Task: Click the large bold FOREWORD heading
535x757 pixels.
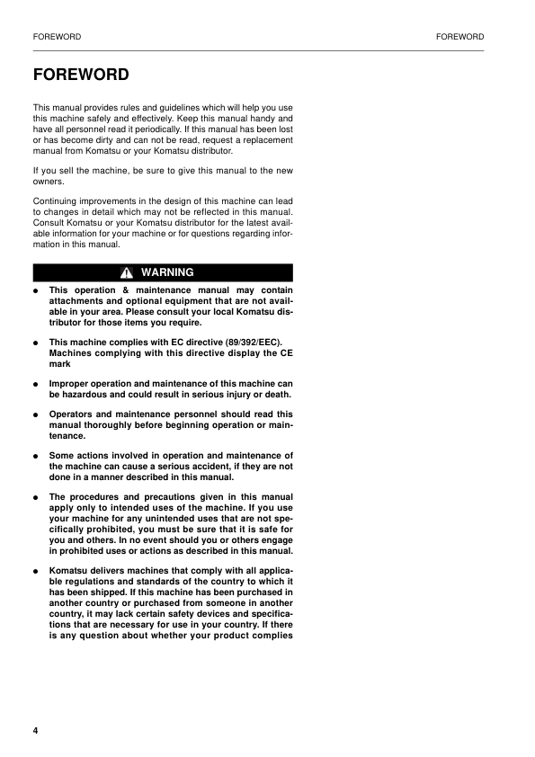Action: click(x=81, y=75)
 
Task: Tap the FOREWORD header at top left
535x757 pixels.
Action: click(x=57, y=37)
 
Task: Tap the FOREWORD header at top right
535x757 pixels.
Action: click(x=459, y=37)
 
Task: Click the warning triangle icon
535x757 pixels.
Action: click(x=128, y=272)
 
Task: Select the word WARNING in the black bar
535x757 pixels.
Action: click(x=167, y=272)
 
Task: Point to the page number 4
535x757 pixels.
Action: click(x=35, y=729)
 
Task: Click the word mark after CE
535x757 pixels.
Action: click(x=58, y=364)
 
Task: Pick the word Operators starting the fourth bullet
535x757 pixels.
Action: click(x=73, y=415)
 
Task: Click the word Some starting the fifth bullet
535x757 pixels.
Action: click(x=62, y=456)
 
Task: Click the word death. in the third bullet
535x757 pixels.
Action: click(x=277, y=395)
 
